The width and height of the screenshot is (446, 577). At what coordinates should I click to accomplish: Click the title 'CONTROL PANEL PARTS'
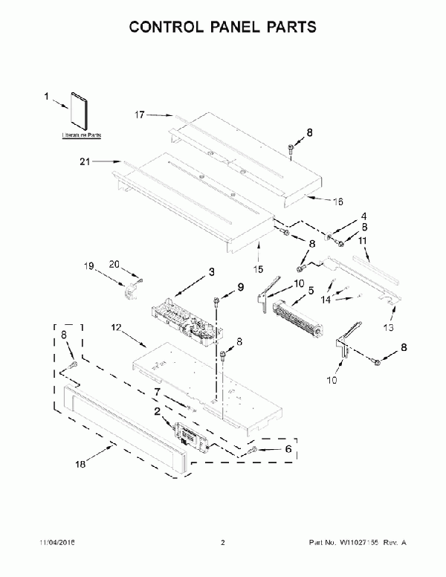click(222, 28)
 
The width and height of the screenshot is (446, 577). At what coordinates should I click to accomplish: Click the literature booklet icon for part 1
click(80, 113)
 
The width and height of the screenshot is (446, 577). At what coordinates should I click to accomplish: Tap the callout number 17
click(139, 115)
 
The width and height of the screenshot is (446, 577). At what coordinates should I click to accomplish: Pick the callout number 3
click(211, 272)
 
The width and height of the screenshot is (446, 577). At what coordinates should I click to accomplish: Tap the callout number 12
click(117, 327)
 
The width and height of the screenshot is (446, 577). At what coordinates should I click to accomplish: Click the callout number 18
click(81, 464)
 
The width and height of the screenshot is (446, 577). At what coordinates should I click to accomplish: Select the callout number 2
click(157, 410)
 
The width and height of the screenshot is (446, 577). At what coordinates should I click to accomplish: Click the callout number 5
click(310, 291)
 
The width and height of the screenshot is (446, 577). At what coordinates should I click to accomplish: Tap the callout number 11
click(363, 241)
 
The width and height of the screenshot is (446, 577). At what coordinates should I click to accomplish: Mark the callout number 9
click(240, 286)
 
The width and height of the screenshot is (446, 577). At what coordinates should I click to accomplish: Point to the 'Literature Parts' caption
click(81, 137)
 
